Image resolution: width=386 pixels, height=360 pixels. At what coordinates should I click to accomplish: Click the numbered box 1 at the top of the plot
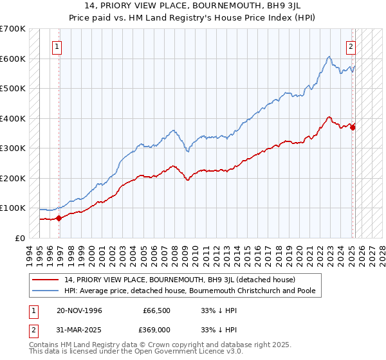coord(57,46)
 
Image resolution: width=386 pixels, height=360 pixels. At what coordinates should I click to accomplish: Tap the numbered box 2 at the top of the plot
coord(351,46)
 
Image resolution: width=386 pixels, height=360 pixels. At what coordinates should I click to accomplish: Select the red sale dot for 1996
coord(59,218)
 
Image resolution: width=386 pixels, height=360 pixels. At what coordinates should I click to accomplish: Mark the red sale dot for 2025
coord(353,127)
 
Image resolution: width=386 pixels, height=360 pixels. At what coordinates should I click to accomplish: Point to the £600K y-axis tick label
coord(12,59)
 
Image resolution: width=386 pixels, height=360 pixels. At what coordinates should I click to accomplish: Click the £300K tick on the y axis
coord(12,148)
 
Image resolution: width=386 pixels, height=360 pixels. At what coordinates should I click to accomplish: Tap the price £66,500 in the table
coord(157,310)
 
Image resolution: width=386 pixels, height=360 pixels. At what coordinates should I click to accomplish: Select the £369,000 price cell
coord(157,331)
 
